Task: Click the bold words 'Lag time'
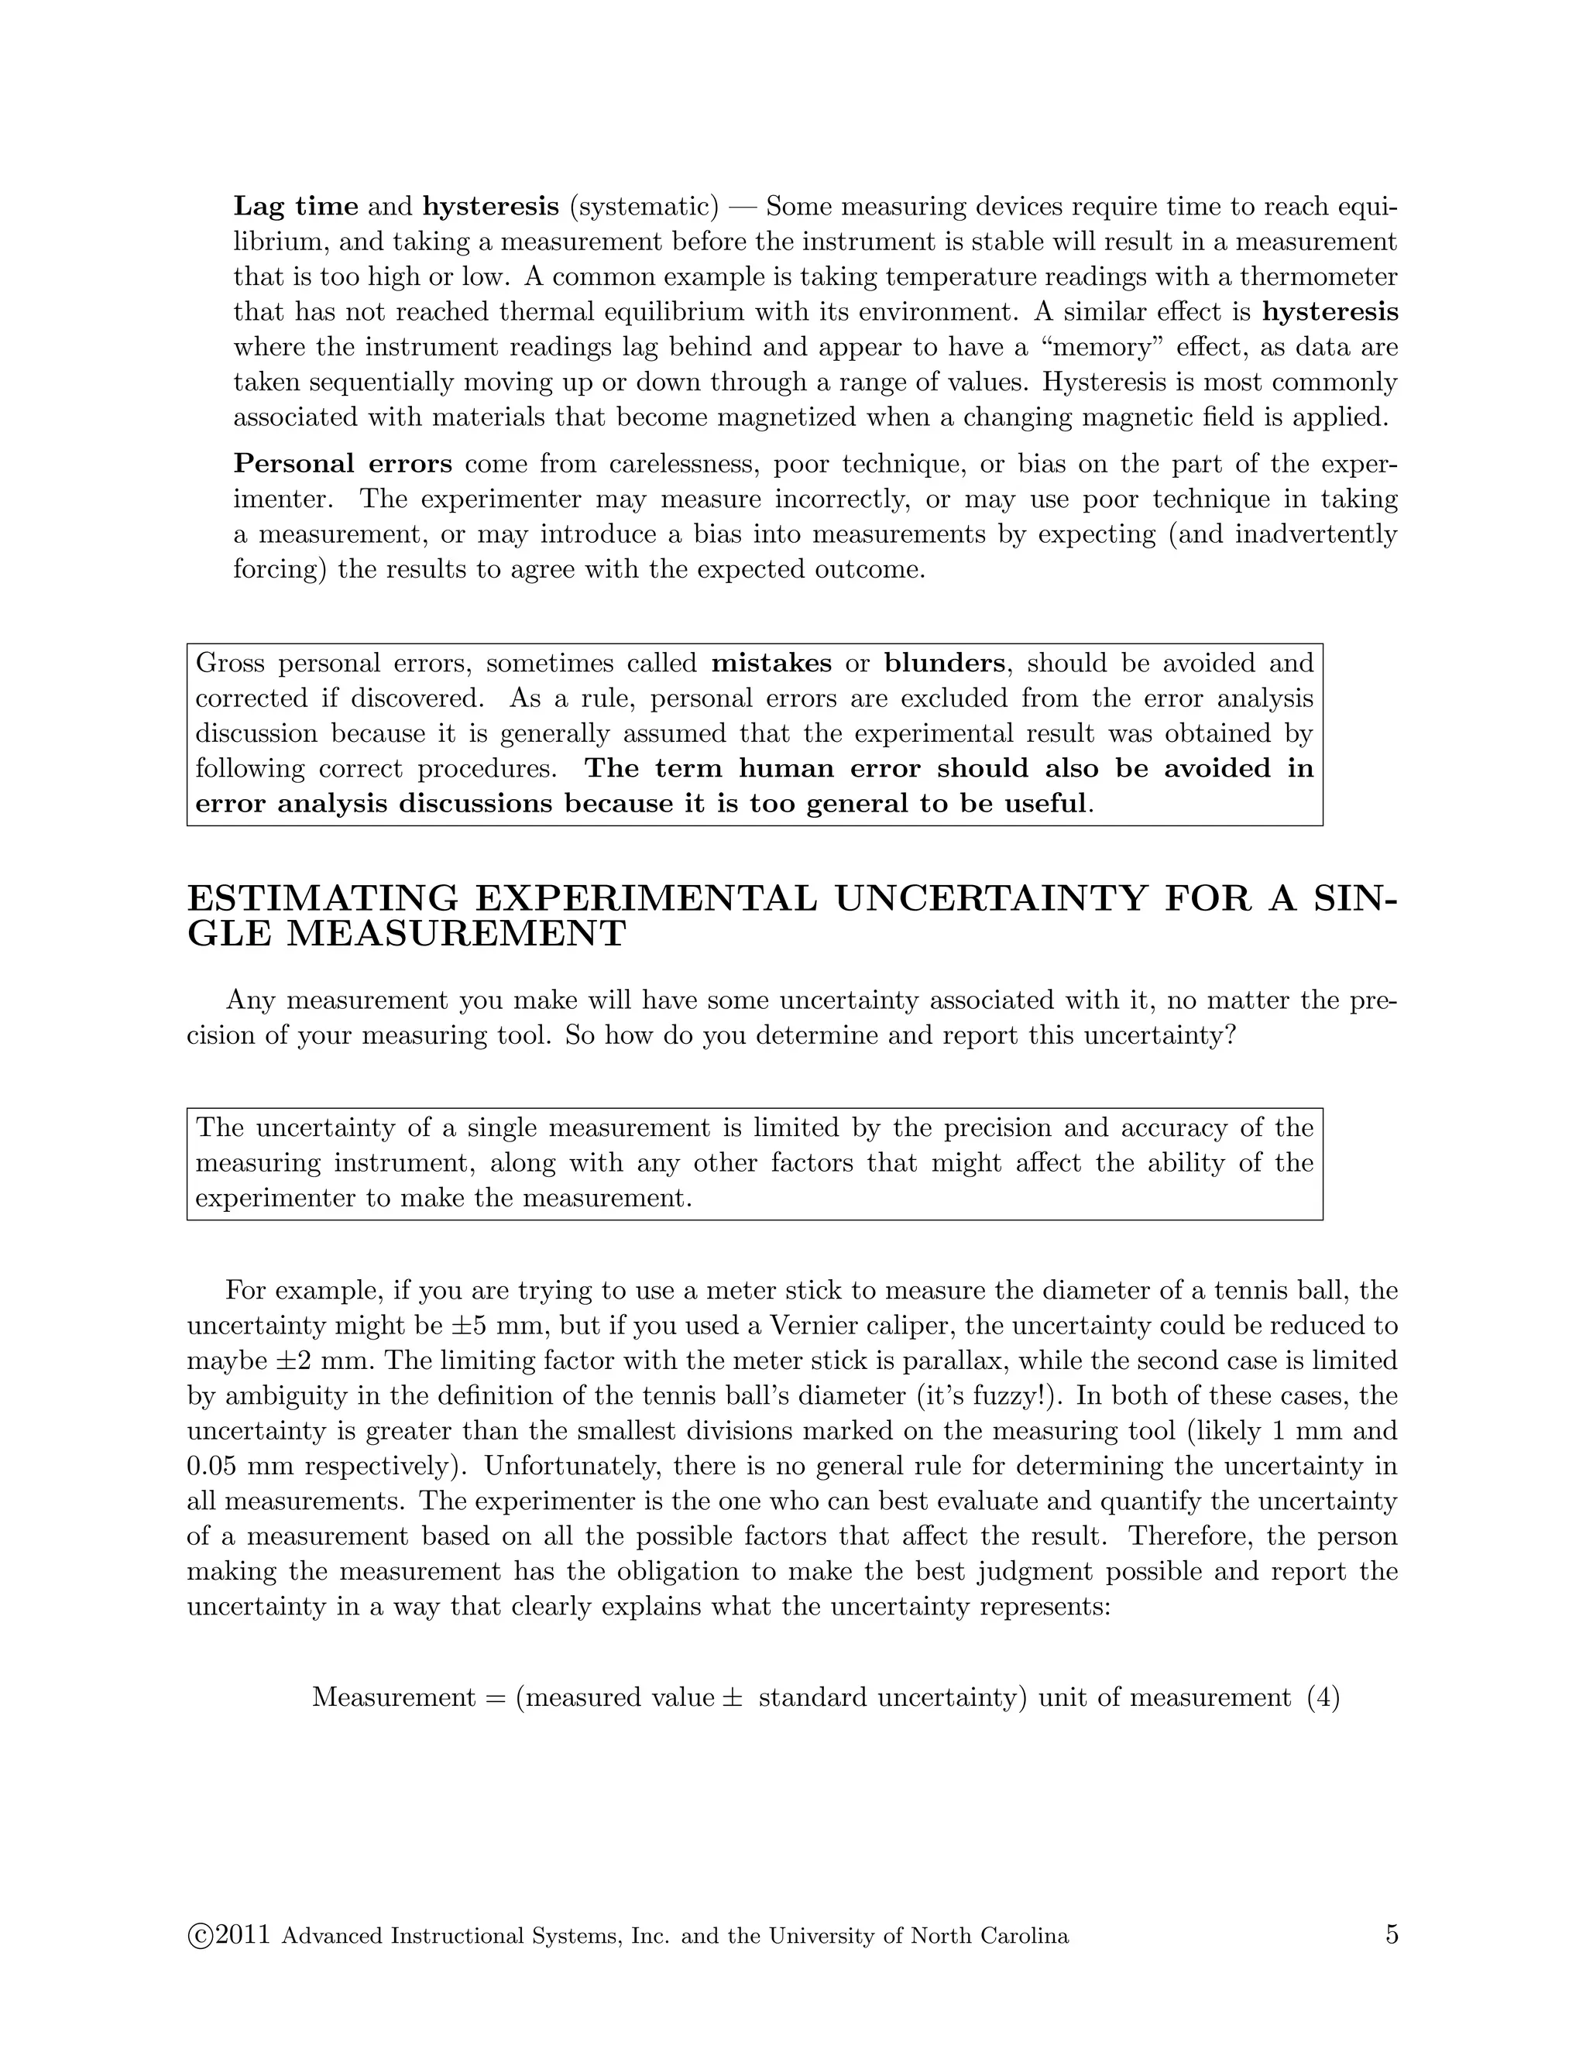click(295, 206)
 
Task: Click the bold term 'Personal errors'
click(342, 464)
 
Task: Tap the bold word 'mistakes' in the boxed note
click(771, 664)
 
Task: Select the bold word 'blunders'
click(943, 664)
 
